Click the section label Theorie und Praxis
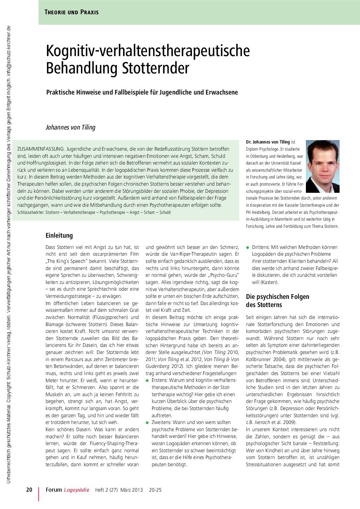click(x=71, y=12)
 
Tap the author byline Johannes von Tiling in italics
click(x=70, y=128)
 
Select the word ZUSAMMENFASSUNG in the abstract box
click(x=40, y=149)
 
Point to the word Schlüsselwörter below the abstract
click(x=30, y=212)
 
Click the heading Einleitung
click(x=59, y=235)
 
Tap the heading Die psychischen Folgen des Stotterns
click(x=277, y=301)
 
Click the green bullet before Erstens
click(x=147, y=380)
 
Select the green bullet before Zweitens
click(x=147, y=422)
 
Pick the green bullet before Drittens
click(x=248, y=248)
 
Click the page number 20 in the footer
click(x=29, y=490)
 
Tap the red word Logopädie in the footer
click(x=77, y=490)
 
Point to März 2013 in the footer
click(x=131, y=490)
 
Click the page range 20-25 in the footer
click(x=155, y=490)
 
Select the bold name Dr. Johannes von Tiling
click(x=268, y=142)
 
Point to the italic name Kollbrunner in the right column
click(x=258, y=359)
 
